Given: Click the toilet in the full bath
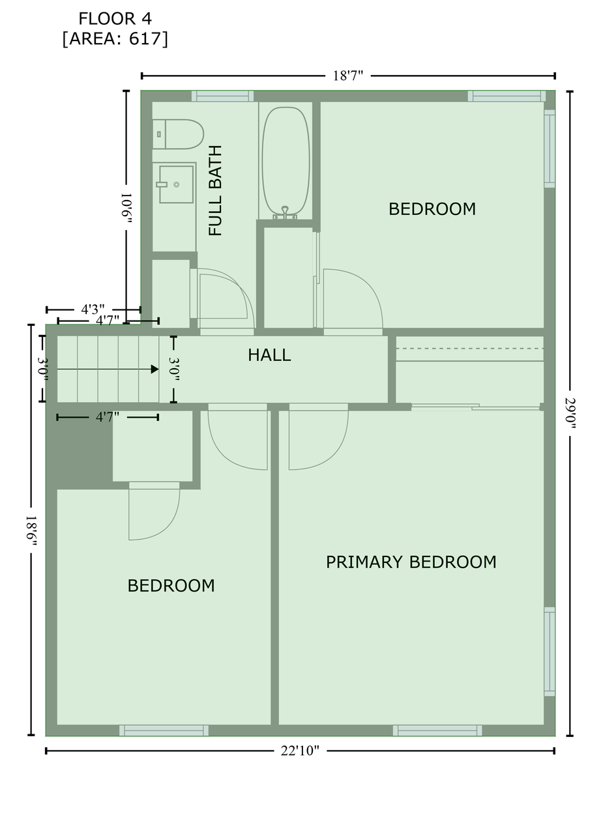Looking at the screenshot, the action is [x=177, y=134].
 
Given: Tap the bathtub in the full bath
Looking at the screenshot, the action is [x=286, y=161].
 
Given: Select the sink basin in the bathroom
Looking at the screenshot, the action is [x=176, y=184].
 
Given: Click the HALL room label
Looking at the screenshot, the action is [x=269, y=355].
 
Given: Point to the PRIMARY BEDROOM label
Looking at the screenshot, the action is [x=411, y=562].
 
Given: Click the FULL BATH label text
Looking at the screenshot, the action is [x=215, y=191].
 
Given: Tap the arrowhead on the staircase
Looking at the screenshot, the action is [x=154, y=369].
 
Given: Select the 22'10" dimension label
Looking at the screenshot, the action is [x=300, y=751].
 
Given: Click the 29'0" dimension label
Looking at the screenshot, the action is [x=570, y=413].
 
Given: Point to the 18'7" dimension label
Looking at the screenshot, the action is [x=348, y=76].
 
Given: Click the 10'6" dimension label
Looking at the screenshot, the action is [x=126, y=208].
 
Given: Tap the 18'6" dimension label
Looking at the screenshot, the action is [x=31, y=530].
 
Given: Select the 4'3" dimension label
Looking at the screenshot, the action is [x=93, y=309].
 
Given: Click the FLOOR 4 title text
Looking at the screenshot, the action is [x=115, y=19].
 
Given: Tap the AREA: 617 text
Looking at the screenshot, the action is [x=115, y=38].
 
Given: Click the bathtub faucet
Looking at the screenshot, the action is [x=285, y=212].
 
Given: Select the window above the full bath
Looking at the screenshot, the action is [x=222, y=96].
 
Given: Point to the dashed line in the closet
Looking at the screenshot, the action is [x=469, y=349].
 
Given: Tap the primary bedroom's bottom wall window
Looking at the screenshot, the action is [x=437, y=730].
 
